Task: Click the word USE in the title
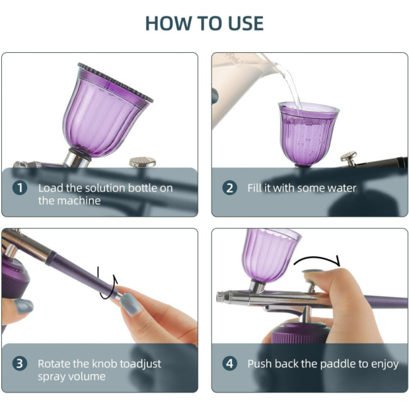coord(245,23)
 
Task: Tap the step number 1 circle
coord(20,188)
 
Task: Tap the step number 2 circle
coord(230,188)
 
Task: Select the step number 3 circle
coord(20,364)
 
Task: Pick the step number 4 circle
coord(230,364)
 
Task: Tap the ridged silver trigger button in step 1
coord(142,162)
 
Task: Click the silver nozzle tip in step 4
coord(221,297)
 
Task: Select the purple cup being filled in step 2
coord(308,134)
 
